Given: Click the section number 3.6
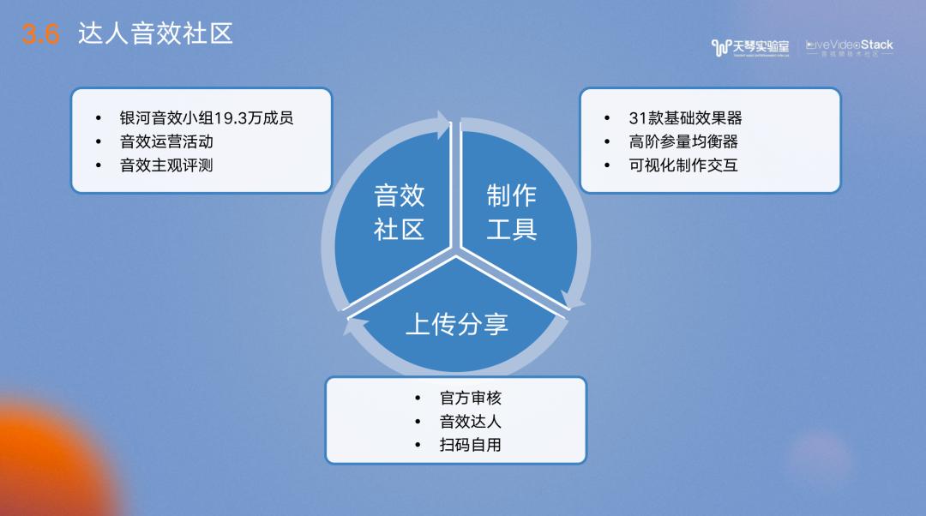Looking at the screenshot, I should [x=41, y=35].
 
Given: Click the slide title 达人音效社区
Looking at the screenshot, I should [x=155, y=34].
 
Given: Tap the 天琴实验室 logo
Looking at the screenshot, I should [x=750, y=47].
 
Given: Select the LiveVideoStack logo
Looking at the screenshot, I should [x=849, y=47].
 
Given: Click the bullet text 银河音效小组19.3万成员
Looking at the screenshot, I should [x=206, y=118].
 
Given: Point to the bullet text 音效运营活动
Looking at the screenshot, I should [x=166, y=141].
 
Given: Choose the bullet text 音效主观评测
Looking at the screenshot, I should [x=166, y=165].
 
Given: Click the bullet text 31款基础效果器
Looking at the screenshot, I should [x=685, y=118].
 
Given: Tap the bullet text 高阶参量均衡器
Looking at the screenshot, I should [x=683, y=141].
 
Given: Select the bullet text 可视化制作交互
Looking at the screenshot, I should [x=683, y=165].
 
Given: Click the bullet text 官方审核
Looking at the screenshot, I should [x=470, y=399].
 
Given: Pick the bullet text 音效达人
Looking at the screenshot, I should [x=470, y=422].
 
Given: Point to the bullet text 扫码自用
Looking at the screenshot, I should [x=470, y=445].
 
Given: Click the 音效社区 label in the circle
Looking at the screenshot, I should [x=400, y=213].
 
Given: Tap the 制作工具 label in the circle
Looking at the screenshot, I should [x=512, y=213].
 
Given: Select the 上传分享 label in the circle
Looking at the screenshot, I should [x=457, y=324].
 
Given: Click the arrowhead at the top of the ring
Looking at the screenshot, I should [x=442, y=125].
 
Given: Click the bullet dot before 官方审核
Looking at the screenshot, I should [x=418, y=399].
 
